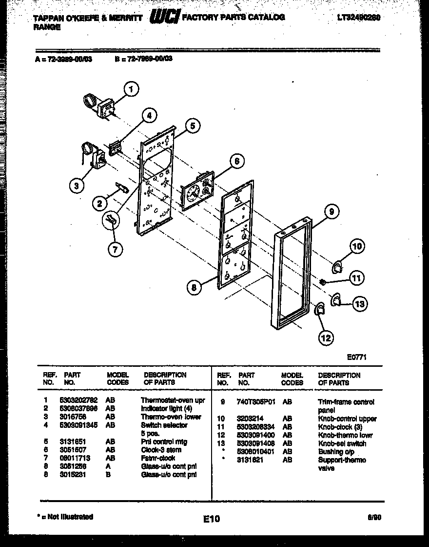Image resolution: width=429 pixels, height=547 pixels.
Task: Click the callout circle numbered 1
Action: pos(131,89)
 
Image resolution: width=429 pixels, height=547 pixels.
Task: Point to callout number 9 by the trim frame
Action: pos(331,211)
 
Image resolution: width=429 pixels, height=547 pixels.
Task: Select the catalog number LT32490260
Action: pos(358,17)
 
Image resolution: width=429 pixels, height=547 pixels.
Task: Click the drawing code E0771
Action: pos(357,358)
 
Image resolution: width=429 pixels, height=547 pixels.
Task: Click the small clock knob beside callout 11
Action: pos(323,282)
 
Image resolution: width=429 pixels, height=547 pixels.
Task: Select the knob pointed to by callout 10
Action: pos(337,267)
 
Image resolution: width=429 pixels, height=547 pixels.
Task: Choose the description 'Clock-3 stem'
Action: pos(161,450)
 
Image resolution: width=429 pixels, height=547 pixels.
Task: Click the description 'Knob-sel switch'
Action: pos(342,443)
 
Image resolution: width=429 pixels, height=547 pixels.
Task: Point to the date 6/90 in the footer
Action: pos(374,517)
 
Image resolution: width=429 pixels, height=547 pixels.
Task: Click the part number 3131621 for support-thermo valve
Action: pos(251,460)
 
